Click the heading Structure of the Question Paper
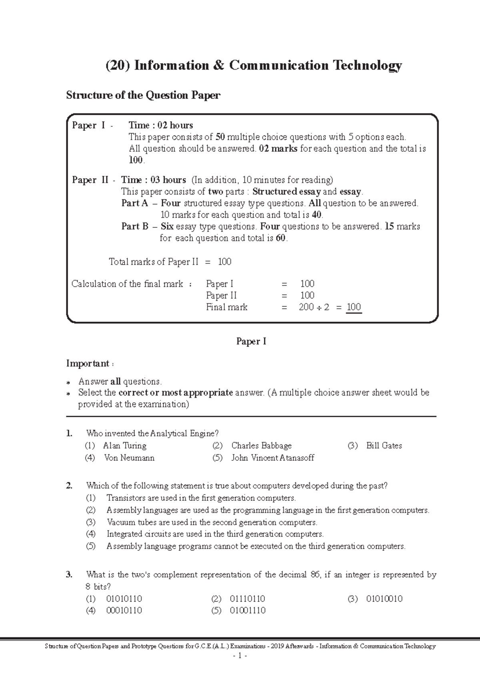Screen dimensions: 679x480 pyautogui.click(x=143, y=95)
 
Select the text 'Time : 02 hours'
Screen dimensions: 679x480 pyautogui.click(x=161, y=125)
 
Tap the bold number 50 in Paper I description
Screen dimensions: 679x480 pyautogui.click(x=220, y=137)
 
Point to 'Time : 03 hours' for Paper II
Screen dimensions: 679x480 pyautogui.click(x=154, y=180)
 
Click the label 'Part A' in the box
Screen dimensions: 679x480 pyautogui.click(x=134, y=203)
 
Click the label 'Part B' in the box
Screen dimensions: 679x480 pyautogui.click(x=135, y=227)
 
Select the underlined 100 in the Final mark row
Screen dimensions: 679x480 pyautogui.click(x=354, y=307)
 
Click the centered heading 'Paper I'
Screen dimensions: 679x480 pyautogui.click(x=251, y=342)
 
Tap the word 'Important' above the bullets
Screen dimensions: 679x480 pyautogui.click(x=88, y=364)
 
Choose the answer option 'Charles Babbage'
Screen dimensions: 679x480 pyautogui.click(x=261, y=446)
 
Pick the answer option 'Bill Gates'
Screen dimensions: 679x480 pyautogui.click(x=384, y=446)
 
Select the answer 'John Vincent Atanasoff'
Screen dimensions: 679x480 pyautogui.click(x=272, y=458)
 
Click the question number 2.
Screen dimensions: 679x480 pyautogui.click(x=70, y=486)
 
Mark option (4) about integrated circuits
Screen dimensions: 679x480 pyautogui.click(x=215, y=534)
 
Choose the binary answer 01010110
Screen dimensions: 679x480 pyautogui.click(x=124, y=599)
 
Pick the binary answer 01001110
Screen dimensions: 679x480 pyautogui.click(x=248, y=611)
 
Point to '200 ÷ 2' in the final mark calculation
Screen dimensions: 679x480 pyautogui.click(x=314, y=307)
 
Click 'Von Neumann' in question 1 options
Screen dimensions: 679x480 pyautogui.click(x=129, y=458)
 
